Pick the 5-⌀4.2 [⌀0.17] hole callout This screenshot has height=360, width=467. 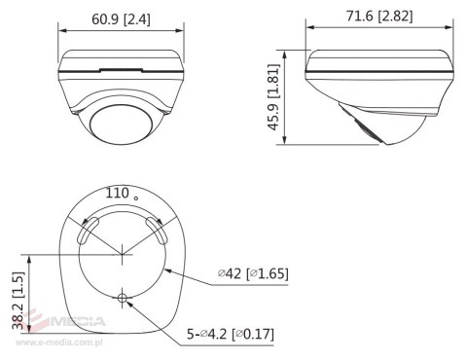231,335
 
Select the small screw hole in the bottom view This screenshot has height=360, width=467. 124,299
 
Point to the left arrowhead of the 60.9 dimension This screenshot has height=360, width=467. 60,29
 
